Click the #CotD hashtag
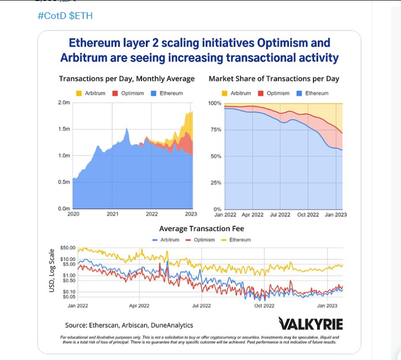click(x=52, y=16)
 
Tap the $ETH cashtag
click(x=81, y=16)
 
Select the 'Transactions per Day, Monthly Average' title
click(x=127, y=78)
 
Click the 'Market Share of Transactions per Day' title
click(x=274, y=78)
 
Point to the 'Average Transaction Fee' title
click(x=200, y=229)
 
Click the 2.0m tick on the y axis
click(x=64, y=103)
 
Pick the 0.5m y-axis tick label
click(x=64, y=182)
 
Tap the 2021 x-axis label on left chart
click(x=112, y=214)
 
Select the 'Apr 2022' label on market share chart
click(x=253, y=215)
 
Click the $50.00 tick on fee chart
click(x=68, y=248)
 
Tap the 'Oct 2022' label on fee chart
click(x=264, y=306)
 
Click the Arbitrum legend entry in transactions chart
click(x=92, y=93)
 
